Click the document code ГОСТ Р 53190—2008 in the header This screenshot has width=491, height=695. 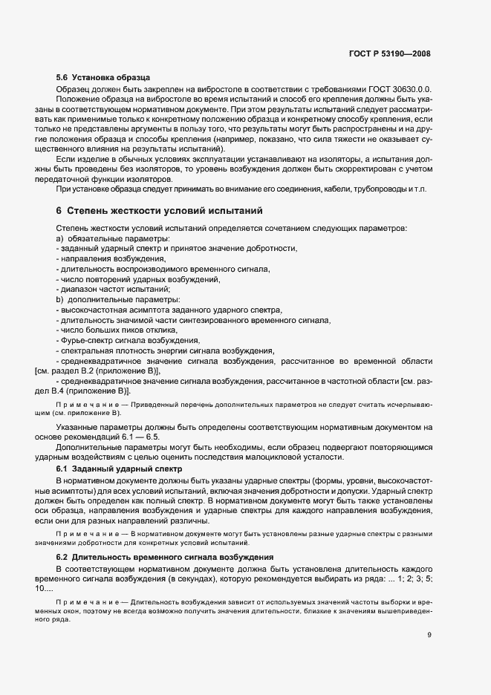click(390, 53)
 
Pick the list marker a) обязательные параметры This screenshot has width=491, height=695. click(59, 238)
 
